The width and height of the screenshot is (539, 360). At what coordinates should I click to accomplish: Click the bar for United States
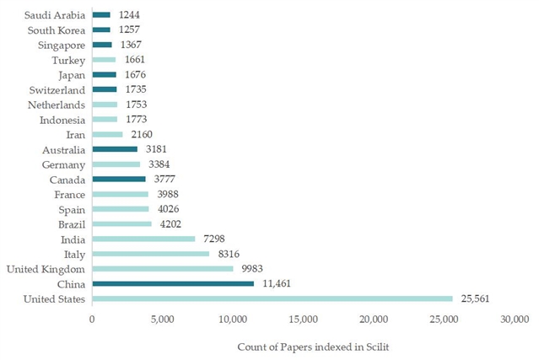click(272, 298)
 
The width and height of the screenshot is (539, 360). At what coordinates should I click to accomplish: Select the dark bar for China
click(173, 283)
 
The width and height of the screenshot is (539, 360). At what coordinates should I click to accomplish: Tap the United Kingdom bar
click(162, 269)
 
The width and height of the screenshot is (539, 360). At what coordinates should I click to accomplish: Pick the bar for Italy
click(150, 254)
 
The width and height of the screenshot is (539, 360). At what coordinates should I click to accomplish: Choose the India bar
click(143, 239)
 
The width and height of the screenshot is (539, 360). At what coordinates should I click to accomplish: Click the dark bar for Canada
click(119, 179)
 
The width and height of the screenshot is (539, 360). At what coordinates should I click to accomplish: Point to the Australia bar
click(115, 149)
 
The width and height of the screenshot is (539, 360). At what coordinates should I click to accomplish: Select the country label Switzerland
click(56, 89)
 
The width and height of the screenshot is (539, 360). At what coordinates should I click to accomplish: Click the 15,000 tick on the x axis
click(303, 319)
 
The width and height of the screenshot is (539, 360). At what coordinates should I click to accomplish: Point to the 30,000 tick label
click(514, 319)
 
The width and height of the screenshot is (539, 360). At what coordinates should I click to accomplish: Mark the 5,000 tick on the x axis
click(162, 319)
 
